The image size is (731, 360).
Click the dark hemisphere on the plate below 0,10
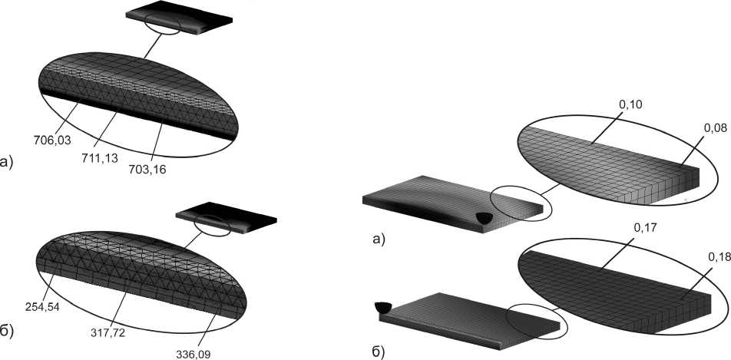coord(484,219)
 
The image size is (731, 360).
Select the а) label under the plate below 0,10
coord(378,239)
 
